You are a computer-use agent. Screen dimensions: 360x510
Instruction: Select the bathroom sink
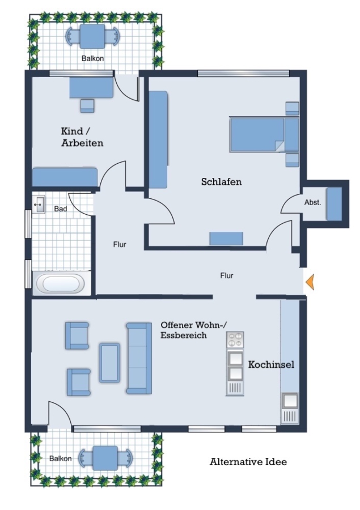pyautogui.click(x=39, y=205)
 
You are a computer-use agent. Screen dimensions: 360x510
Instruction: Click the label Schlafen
pyautogui.click(x=221, y=181)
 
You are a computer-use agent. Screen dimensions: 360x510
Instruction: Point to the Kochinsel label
pyautogui.click(x=271, y=364)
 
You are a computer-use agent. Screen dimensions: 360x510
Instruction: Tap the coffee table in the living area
pyautogui.click(x=109, y=362)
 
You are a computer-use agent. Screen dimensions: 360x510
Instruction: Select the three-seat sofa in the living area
pyautogui.click(x=139, y=358)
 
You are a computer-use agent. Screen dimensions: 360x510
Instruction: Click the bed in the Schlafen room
pyautogui.click(x=264, y=135)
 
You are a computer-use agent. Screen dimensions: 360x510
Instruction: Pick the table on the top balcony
pyautogui.click(x=92, y=36)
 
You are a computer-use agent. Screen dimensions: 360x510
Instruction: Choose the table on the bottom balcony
pyautogui.click(x=105, y=458)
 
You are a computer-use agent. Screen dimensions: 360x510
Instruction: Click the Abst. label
pyautogui.click(x=312, y=202)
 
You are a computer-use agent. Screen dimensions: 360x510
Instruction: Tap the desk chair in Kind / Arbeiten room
pyautogui.click(x=87, y=106)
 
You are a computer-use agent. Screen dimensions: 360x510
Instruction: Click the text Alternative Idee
pyautogui.click(x=248, y=462)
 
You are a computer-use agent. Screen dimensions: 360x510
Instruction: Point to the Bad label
pyautogui.click(x=61, y=209)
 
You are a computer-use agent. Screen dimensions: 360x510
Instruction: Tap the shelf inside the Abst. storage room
pyautogui.click(x=334, y=204)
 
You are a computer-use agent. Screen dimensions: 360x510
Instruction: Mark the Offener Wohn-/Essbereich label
pyautogui.click(x=194, y=330)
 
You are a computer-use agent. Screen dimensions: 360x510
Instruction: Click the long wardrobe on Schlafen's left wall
pyautogui.click(x=159, y=139)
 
